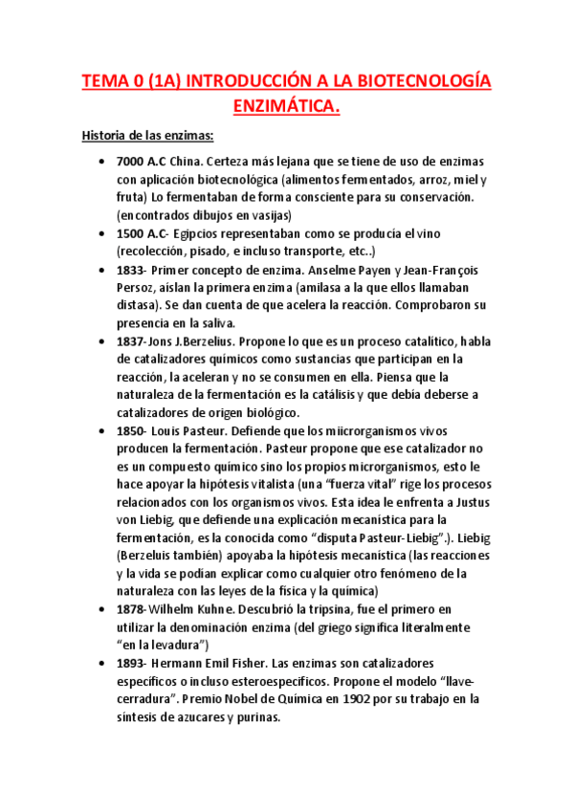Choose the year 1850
tap(132, 430)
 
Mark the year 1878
tap(132, 608)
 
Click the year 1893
tap(132, 662)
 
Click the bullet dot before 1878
tap(102, 609)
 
